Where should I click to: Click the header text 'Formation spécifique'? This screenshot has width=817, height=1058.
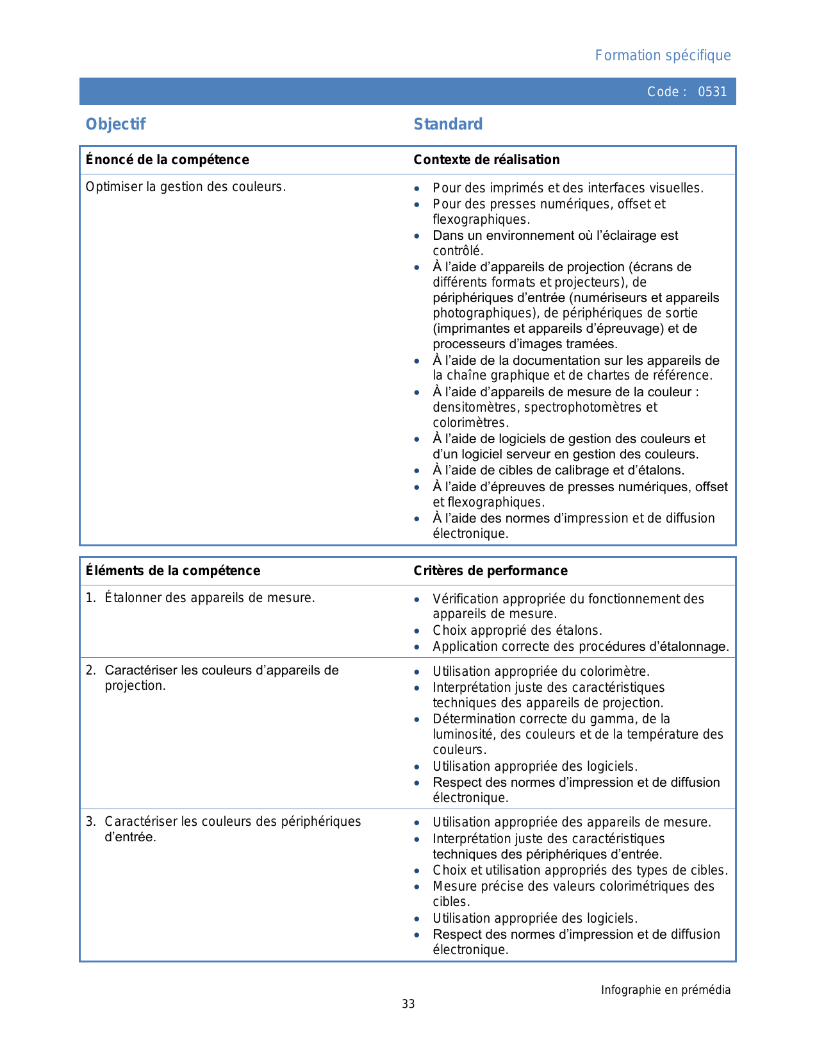coord(663,56)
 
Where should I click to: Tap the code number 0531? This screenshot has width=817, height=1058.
coord(713,92)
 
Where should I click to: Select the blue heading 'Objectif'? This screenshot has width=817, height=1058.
coord(115,124)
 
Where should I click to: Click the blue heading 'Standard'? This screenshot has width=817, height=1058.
coord(448,124)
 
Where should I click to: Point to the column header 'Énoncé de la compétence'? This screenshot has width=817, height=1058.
coord(167,160)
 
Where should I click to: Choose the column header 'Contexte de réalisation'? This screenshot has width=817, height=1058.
coord(486,160)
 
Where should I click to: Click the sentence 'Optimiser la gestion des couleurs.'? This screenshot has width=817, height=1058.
coord(186,187)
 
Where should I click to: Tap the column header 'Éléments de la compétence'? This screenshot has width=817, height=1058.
coord(173,571)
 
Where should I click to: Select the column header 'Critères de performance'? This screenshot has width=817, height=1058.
coord(490,571)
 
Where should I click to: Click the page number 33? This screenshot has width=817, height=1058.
coord(408,1004)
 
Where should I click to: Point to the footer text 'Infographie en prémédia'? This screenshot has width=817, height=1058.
coord(665,990)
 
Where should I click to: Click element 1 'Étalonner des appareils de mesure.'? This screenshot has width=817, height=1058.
coord(210,598)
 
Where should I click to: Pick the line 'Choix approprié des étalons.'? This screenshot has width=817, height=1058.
coord(517,630)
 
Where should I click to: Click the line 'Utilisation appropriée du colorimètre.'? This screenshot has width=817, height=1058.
coord(541,671)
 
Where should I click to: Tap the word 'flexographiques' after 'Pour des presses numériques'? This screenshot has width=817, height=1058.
coord(480,219)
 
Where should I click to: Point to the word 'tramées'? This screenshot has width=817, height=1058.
coord(591,344)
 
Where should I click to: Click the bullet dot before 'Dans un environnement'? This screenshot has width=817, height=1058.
coord(417,236)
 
